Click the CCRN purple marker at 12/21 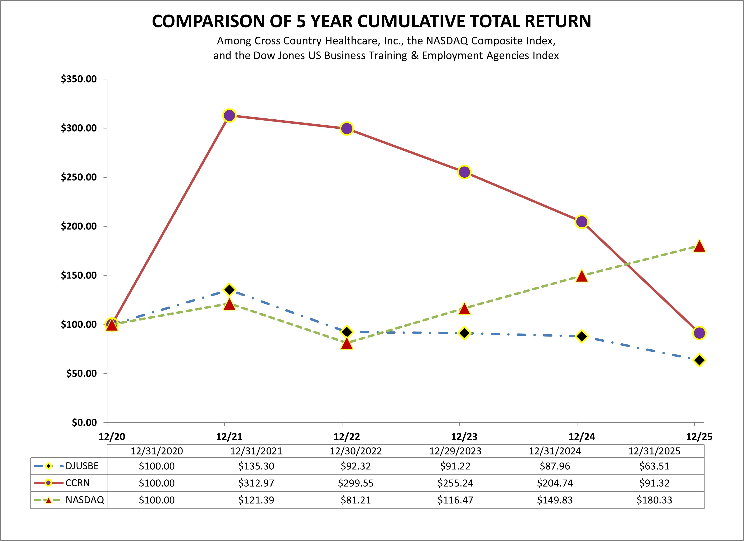[x=229, y=116]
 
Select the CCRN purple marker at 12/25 [x=699, y=333]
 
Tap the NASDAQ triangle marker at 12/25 [x=699, y=246]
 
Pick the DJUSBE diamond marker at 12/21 [x=229, y=290]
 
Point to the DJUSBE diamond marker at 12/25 [x=699, y=360]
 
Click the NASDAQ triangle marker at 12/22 [x=347, y=344]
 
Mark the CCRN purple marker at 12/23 [x=464, y=172]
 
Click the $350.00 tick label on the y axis [x=79, y=79]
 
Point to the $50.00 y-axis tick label [x=81, y=374]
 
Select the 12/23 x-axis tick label [x=464, y=437]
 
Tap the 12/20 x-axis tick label [x=112, y=437]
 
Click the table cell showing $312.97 [x=256, y=483]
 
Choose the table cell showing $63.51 [x=654, y=466]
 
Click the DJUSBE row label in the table [x=82, y=466]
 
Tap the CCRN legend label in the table [x=78, y=483]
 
